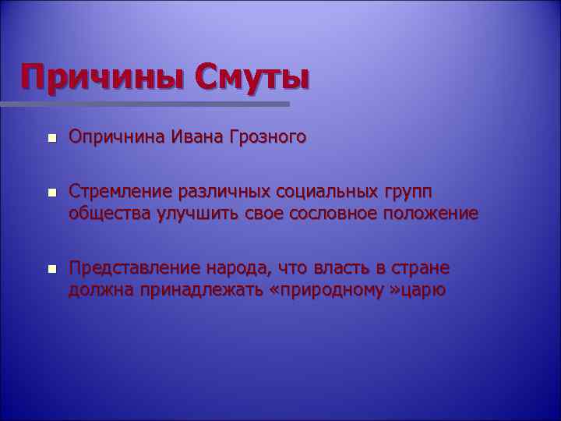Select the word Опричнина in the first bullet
(116, 138)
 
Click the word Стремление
(120, 192)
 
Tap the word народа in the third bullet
(235, 270)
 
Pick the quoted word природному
(333, 292)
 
